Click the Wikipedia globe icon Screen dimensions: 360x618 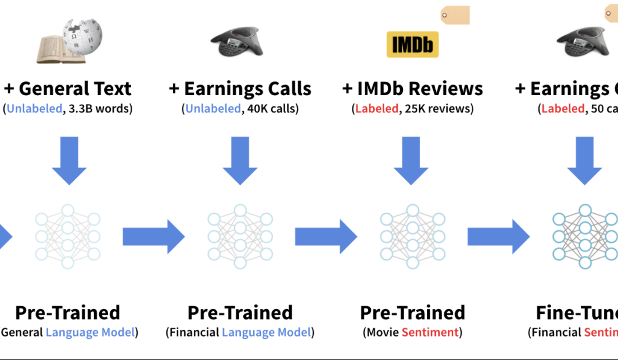82,35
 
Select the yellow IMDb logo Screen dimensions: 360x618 412,45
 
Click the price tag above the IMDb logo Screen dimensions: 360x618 456,15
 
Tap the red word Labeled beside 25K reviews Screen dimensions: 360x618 375,108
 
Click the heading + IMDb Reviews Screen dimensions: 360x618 412,88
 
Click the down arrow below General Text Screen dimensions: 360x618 69,160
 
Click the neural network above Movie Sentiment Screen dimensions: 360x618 412,236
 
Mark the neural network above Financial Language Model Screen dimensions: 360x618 240,236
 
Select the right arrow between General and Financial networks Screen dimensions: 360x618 153,236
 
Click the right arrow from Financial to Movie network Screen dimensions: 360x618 326,236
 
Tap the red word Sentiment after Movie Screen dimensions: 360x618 430,332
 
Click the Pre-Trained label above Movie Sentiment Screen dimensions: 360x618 412,312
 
